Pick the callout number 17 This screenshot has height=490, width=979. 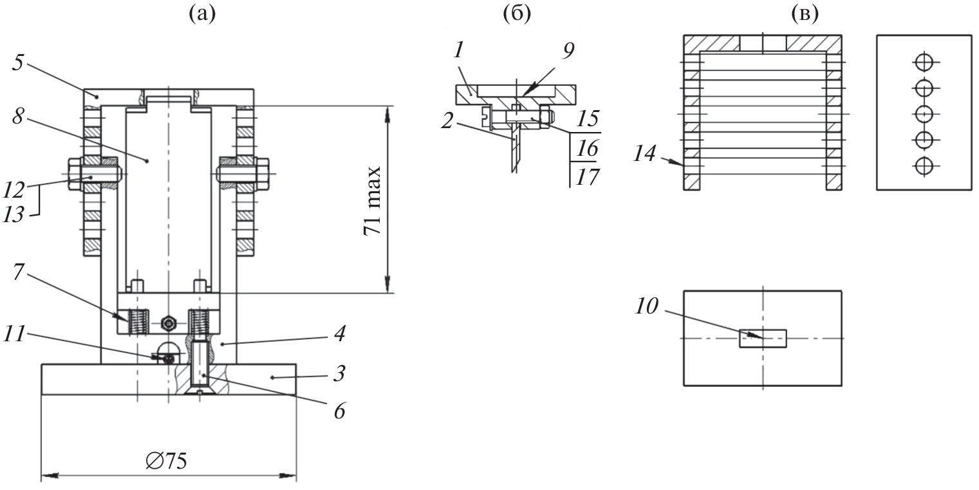coord(583,176)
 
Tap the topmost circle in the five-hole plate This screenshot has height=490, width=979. coord(924,62)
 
